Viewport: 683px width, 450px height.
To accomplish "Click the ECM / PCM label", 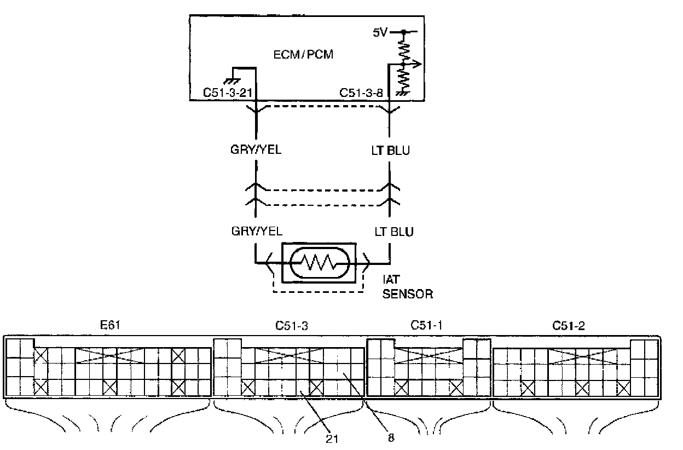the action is tap(303, 55).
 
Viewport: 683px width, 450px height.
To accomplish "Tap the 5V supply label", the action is tap(380, 32).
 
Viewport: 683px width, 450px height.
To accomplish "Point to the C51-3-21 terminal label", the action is tap(228, 93).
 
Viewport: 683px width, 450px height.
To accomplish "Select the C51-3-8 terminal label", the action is tap(361, 93).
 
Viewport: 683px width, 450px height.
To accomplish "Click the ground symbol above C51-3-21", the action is tap(231, 81).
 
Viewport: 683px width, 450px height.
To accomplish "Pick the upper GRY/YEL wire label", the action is tap(256, 150).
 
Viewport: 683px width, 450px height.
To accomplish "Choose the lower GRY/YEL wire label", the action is tap(257, 231).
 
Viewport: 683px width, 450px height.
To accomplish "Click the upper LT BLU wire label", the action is tap(391, 151).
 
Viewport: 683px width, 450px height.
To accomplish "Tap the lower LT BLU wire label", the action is tap(394, 232).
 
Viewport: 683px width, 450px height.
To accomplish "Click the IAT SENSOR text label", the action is tap(407, 287).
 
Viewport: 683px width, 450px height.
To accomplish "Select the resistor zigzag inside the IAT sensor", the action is tap(319, 263).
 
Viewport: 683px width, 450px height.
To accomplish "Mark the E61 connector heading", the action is tap(110, 325).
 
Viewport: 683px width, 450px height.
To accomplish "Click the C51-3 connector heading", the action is tap(292, 326).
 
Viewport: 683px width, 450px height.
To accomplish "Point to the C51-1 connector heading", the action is tap(426, 325).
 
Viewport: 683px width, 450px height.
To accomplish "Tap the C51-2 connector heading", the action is tap(569, 326).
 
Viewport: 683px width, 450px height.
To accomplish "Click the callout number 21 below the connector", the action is tap(332, 439).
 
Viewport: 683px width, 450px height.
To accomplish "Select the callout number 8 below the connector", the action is tap(391, 438).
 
